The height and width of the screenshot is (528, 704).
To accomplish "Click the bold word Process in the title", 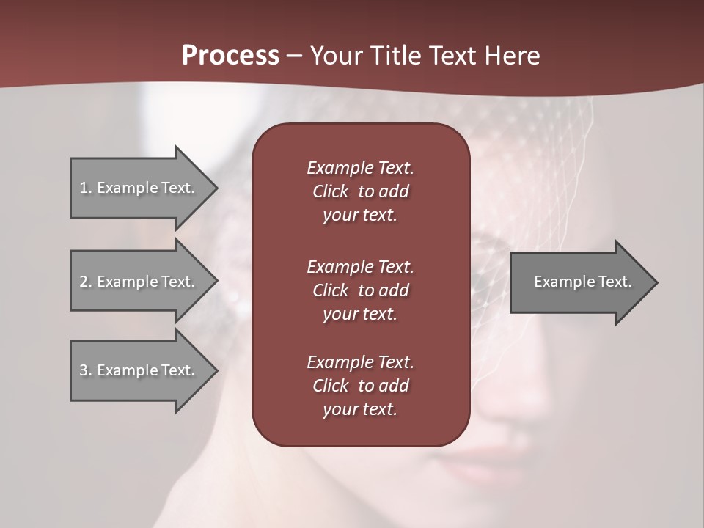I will coord(230,56).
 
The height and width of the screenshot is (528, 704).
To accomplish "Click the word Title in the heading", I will coord(396,56).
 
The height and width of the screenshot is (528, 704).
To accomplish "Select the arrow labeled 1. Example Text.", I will coord(139,188).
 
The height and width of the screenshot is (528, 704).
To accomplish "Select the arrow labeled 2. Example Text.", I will coord(139,282).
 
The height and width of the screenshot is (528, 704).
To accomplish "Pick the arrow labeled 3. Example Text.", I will coord(139,370).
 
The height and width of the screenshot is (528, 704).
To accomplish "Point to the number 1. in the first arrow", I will coord(85,188).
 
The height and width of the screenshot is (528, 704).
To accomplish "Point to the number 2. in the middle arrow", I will coord(85,282).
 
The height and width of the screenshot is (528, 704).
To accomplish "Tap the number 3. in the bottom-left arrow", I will coord(85,370).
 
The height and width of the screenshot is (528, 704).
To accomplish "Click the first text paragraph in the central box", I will coord(360,191).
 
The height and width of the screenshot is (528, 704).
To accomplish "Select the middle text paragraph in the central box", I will coord(360,290).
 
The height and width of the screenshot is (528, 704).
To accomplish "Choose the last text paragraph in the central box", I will coord(360,386).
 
